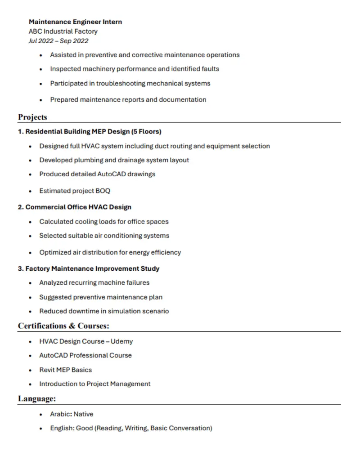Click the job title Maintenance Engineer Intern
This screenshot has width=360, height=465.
(75, 22)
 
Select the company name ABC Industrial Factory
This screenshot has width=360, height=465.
(63, 31)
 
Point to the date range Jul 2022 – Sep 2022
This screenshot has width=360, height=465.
(58, 41)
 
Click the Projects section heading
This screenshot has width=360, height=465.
(32, 117)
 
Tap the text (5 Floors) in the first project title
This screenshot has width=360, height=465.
(146, 132)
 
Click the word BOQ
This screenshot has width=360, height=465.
(103, 191)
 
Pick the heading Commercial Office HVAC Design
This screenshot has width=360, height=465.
(78, 207)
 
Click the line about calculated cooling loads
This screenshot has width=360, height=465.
(103, 222)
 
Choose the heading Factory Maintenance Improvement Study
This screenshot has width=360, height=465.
(92, 268)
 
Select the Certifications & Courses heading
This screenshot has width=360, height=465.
(63, 326)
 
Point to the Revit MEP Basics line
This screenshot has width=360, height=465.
(65, 370)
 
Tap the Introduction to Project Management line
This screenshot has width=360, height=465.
(94, 384)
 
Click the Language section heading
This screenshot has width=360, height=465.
(37, 398)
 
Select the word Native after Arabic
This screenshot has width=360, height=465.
(83, 414)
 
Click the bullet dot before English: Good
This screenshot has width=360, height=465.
(41, 429)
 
